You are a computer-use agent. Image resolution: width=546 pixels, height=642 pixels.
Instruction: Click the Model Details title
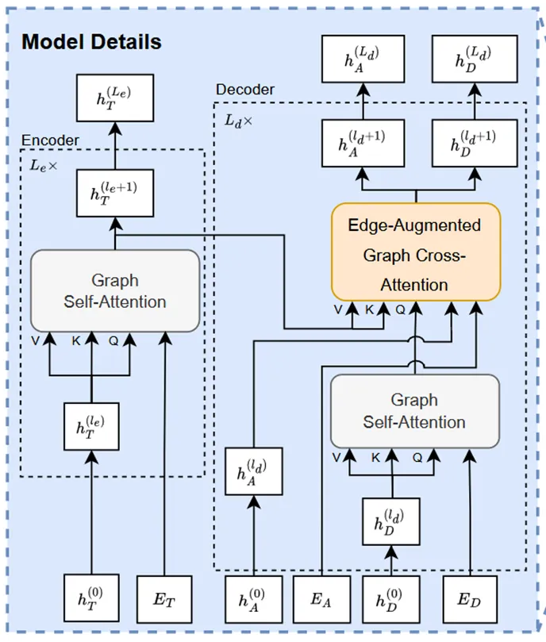[91, 42]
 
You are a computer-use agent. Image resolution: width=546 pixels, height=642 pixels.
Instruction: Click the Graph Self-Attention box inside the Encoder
[114, 290]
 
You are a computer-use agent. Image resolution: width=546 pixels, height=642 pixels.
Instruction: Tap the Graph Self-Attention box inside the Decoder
[414, 410]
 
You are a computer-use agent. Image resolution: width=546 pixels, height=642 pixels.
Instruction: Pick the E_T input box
[164, 599]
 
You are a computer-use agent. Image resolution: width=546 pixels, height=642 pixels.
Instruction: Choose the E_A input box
[321, 599]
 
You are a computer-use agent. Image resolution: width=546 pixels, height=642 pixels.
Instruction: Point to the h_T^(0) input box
[92, 599]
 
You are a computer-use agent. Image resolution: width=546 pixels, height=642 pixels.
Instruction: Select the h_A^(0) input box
[254, 599]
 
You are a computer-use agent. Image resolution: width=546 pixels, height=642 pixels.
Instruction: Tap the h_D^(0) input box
[390, 599]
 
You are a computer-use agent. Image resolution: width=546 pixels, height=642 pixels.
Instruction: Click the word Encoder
[50, 140]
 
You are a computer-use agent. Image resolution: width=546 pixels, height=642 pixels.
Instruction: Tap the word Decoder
[245, 90]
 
